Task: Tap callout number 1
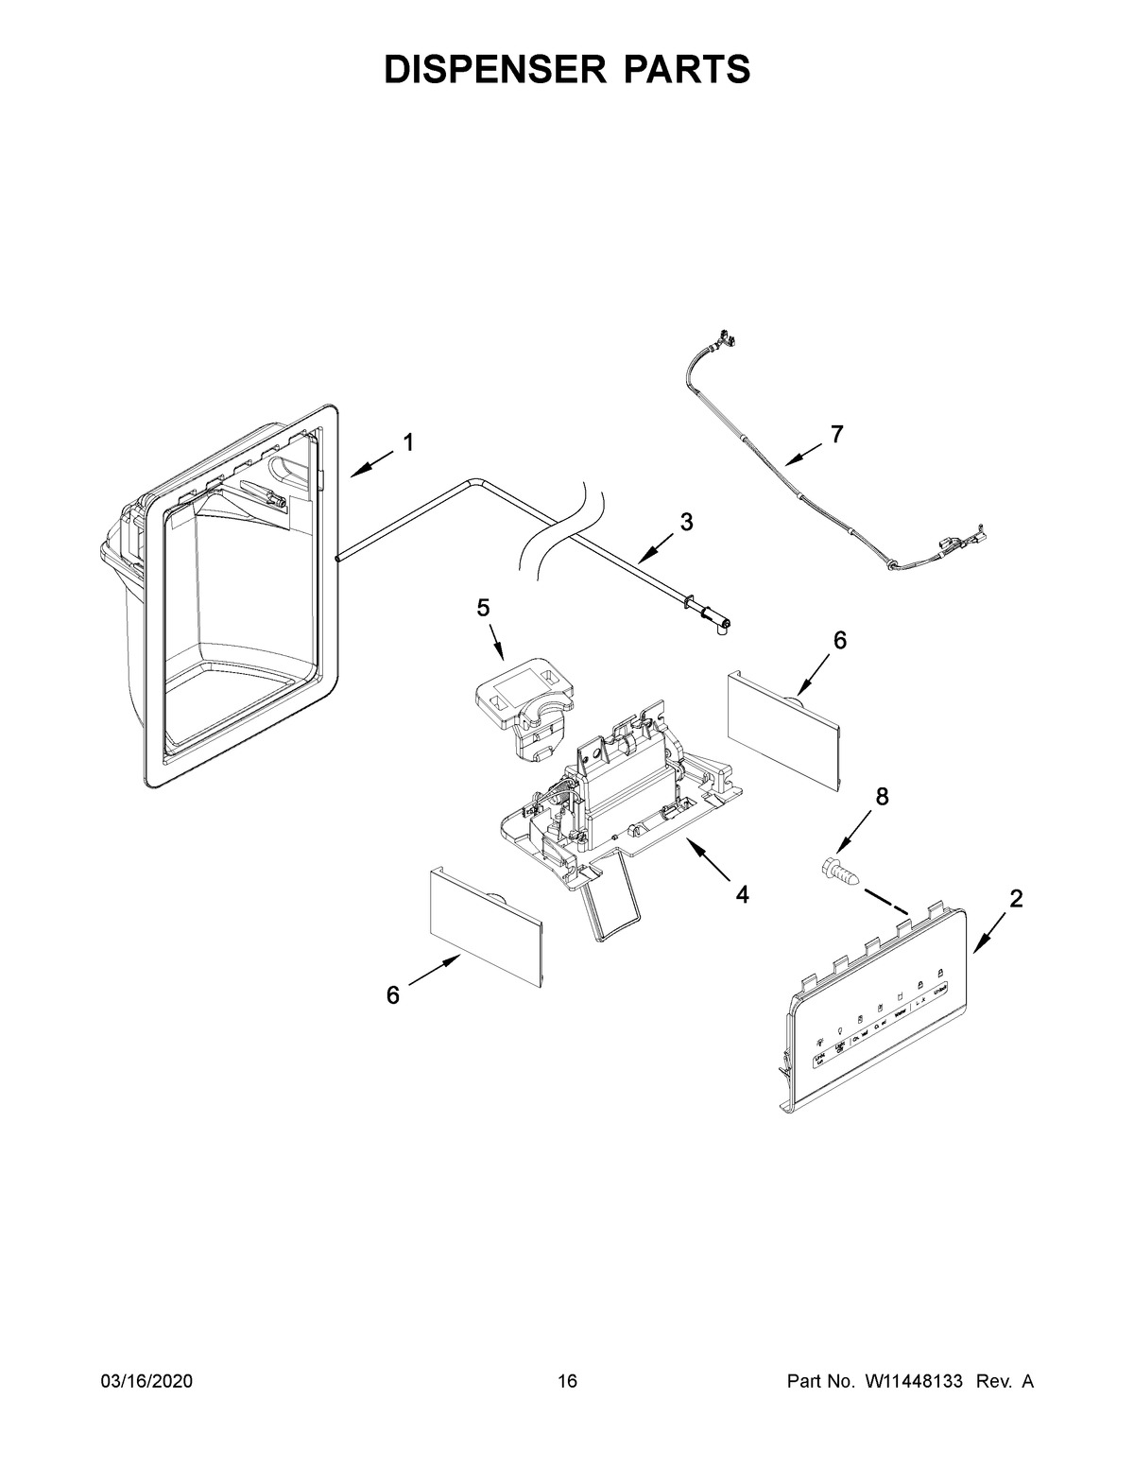(x=408, y=442)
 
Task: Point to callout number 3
(x=686, y=521)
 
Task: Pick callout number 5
(x=483, y=608)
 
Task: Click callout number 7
(x=836, y=435)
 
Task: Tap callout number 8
(x=882, y=797)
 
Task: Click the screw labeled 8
(x=839, y=870)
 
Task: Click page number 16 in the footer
(x=567, y=1382)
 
